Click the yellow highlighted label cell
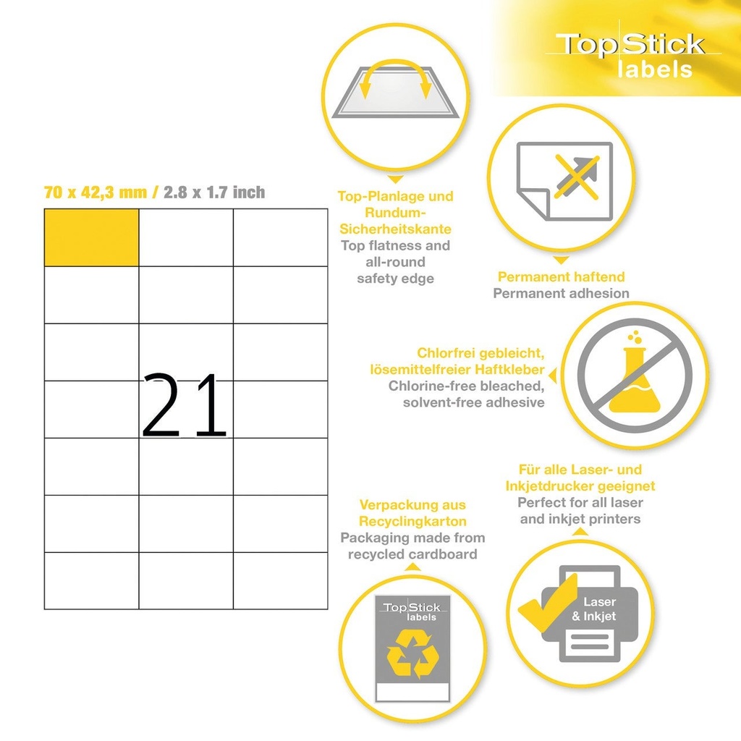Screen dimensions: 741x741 pos(91,237)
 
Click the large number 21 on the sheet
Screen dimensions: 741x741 pos(185,405)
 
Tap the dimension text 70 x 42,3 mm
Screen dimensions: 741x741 pos(96,192)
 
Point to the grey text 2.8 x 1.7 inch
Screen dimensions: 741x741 pos(214,192)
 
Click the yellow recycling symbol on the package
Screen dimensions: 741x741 pos(412,654)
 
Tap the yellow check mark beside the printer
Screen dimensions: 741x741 pos(549,603)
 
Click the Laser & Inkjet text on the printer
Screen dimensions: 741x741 pos(594,609)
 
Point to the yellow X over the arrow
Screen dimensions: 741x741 pos(577,177)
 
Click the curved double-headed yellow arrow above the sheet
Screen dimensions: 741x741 pos(396,77)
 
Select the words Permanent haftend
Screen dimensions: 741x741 pos(561,276)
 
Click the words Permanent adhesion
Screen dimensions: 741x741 pos(561,293)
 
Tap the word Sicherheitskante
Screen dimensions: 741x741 pos(396,229)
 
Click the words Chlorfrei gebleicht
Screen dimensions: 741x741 pos(480,353)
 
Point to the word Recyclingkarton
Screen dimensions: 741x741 pos(412,521)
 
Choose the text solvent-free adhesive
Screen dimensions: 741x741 pos(473,402)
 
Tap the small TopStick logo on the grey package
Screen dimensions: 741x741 pos(412,611)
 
